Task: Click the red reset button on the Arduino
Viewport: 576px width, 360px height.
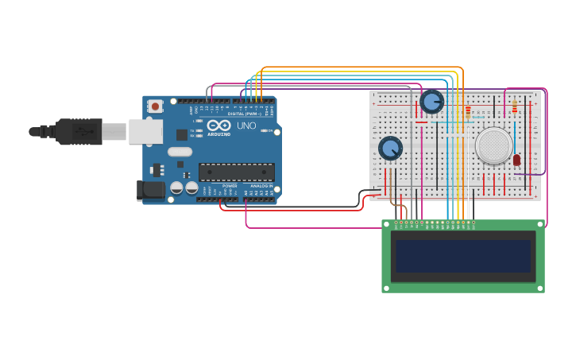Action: (x=155, y=106)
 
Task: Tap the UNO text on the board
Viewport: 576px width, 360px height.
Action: (x=247, y=126)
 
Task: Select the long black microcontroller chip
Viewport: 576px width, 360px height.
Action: (x=237, y=172)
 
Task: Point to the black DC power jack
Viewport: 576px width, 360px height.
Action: (x=150, y=190)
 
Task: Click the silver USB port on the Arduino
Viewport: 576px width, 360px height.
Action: (x=145, y=131)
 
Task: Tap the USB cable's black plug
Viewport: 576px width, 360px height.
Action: (x=79, y=131)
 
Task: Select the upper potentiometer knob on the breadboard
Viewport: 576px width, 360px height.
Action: (x=431, y=102)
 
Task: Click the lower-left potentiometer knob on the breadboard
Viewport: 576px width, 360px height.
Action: (x=390, y=148)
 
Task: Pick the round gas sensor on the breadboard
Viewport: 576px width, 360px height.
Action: (x=494, y=145)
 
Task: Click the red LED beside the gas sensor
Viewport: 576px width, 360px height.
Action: (x=516, y=160)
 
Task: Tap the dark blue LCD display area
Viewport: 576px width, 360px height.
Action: (x=463, y=256)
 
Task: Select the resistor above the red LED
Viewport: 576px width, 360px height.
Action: (x=515, y=106)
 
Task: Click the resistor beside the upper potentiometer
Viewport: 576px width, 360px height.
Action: (x=468, y=110)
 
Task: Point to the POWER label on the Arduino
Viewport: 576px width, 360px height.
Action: (x=230, y=186)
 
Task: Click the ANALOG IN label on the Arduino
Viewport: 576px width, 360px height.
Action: (x=261, y=186)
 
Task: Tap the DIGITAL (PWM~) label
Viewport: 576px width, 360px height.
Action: (x=246, y=114)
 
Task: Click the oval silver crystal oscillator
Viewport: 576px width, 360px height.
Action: (x=180, y=152)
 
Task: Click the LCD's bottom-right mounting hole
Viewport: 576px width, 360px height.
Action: (x=540, y=288)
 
